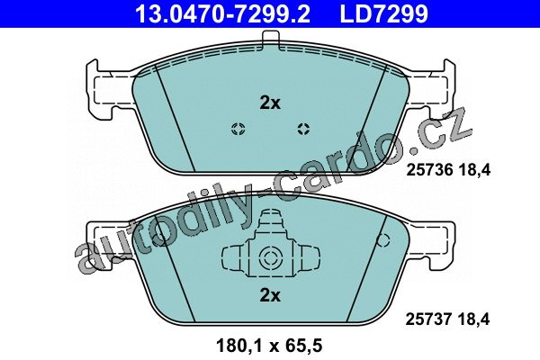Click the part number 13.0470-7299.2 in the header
point(222,13)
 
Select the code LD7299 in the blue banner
point(384,13)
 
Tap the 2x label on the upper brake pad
point(270,103)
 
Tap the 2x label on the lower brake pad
point(270,295)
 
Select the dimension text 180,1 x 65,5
point(269,346)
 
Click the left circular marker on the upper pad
point(238,129)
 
